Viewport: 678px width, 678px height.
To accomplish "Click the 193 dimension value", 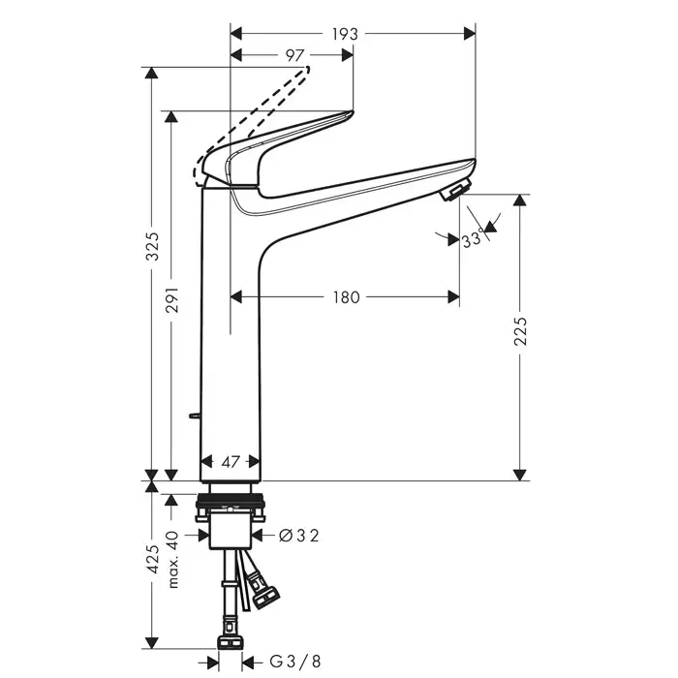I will pos(345,33).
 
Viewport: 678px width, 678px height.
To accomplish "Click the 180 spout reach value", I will pos(346,297).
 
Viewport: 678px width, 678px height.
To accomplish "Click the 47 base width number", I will pos(230,462).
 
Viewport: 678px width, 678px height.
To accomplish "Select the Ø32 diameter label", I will pos(298,534).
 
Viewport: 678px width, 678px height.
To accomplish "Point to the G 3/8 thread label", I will pos(293,662).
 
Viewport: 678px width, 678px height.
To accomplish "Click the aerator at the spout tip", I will pos(455,190).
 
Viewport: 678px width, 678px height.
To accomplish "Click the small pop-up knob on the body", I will pos(195,416).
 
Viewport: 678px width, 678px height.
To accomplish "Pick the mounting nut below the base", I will pos(231,506).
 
